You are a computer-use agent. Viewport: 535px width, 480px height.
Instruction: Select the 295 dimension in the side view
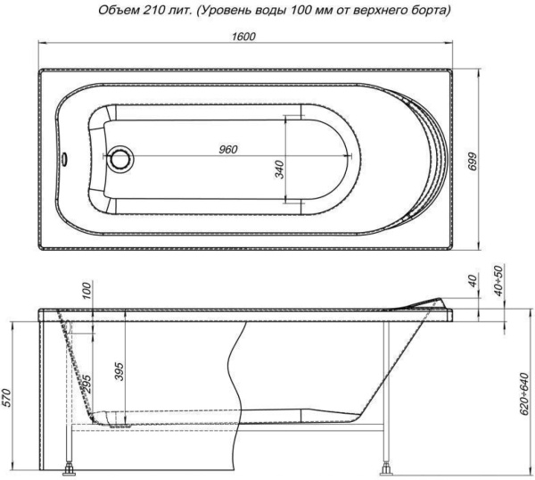click(x=87, y=385)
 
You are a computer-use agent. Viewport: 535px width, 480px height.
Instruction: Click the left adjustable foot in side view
click(x=69, y=466)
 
